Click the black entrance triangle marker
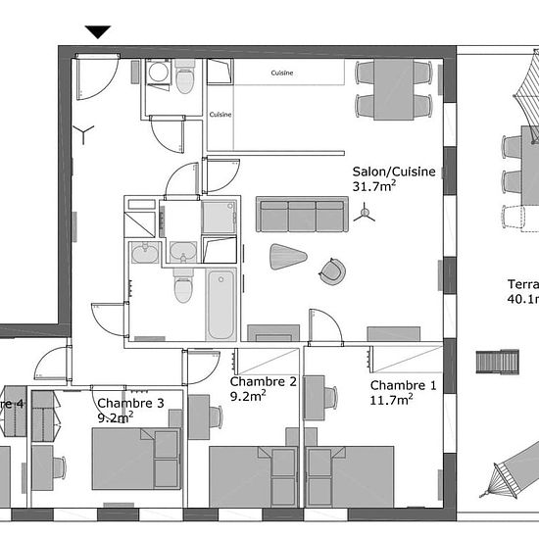click(98, 32)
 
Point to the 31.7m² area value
click(374, 186)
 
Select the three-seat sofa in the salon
click(302, 215)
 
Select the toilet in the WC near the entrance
click(184, 78)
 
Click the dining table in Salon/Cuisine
click(393, 88)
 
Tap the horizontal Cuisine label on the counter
click(282, 73)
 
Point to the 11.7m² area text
click(391, 400)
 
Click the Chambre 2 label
click(263, 381)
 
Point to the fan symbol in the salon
click(366, 212)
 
